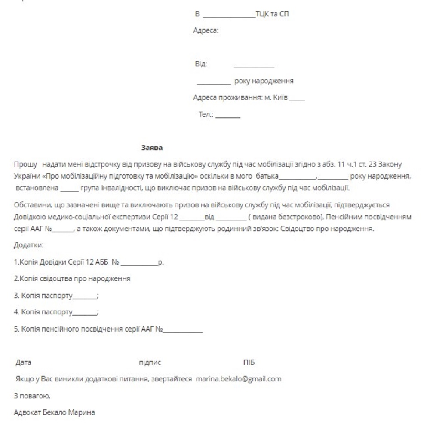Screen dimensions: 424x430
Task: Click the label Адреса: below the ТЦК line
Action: [207, 31]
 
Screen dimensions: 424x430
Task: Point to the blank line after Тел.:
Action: [227, 116]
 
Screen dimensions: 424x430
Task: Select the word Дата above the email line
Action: [23, 363]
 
